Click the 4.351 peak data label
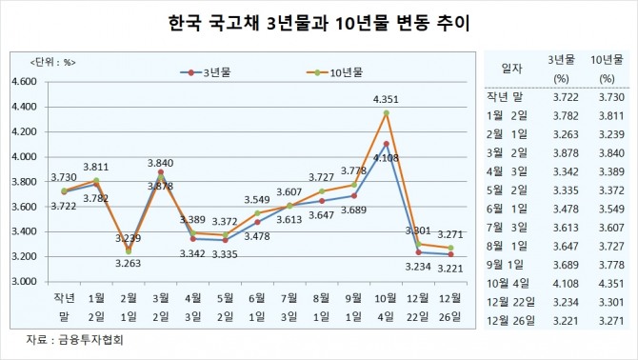(388, 99)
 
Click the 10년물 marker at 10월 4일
(387, 113)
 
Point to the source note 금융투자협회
(76, 338)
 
